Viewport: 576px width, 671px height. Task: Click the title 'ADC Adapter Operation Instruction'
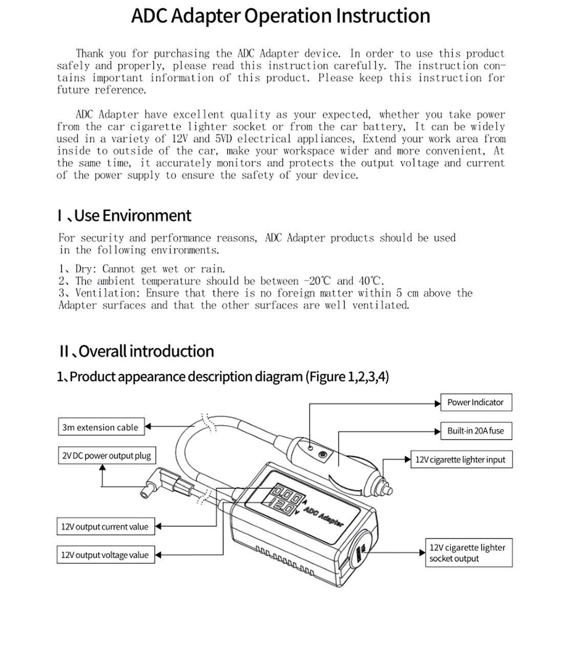[x=280, y=16]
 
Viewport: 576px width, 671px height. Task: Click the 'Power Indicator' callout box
[x=476, y=403]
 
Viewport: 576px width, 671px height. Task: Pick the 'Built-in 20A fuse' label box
[x=476, y=431]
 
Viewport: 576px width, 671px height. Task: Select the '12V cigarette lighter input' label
[x=460, y=460]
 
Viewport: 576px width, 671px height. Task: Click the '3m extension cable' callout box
[x=100, y=427]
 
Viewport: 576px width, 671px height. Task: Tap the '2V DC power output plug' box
[x=107, y=456]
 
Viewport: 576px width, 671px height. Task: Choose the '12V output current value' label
[x=105, y=527]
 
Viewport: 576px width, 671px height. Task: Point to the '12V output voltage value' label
[x=105, y=555]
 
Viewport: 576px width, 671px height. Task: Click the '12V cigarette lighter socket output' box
[x=468, y=553]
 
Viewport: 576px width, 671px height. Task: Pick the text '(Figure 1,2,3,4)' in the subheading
[x=347, y=377]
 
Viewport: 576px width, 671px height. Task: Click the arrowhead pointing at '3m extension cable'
[x=148, y=426]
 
